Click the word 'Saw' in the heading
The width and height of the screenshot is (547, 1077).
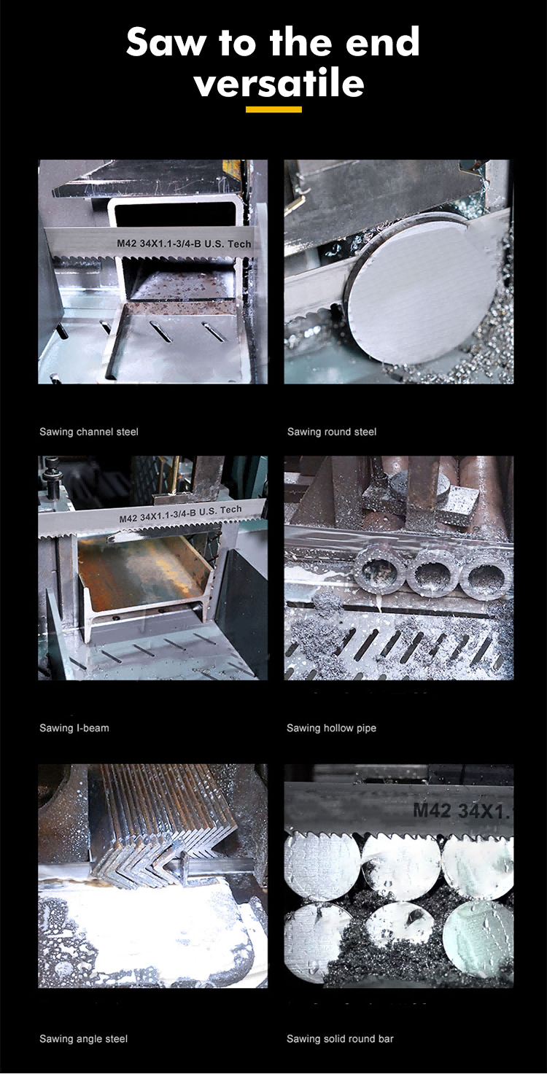pos(166,42)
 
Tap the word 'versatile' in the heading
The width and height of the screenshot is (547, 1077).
pos(279,82)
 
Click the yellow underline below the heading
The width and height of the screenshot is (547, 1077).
pos(273,109)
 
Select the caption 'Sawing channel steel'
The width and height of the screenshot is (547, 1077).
pos(88,432)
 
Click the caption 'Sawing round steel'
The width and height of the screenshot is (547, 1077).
pos(332,432)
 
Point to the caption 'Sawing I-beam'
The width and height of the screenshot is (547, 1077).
pos(74,728)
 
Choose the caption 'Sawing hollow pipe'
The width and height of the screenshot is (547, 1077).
pos(332,728)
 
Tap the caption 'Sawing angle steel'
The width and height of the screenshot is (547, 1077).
pos(84,1038)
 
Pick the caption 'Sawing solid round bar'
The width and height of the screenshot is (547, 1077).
pos(340,1038)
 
